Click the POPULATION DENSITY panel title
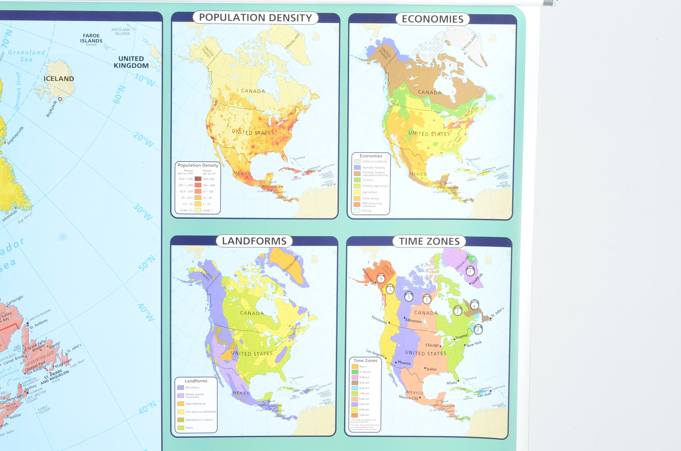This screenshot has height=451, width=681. click(255, 18)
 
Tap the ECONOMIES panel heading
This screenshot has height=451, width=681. click(433, 19)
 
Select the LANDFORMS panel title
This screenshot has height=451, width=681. click(254, 241)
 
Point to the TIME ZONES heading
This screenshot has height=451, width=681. click(429, 241)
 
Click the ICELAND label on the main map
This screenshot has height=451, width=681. click(59, 79)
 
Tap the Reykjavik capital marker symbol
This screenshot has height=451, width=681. click(60, 99)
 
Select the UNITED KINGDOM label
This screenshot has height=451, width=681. click(131, 62)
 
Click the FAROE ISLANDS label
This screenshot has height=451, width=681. click(91, 38)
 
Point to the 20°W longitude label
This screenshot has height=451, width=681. click(143, 140)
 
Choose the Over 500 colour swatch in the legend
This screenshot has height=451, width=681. click(198, 179)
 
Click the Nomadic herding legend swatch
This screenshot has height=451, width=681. click(357, 167)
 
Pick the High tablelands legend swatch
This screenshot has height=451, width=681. click(180, 404)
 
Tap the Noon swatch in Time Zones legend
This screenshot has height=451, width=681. click(355, 367)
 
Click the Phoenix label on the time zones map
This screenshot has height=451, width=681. click(404, 363)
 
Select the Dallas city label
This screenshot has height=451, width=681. click(431, 369)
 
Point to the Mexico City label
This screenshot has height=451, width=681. click(408, 398)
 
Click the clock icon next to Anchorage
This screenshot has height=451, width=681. click(381, 278)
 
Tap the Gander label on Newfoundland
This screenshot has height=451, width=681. click(55, 345)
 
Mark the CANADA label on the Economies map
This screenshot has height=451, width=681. click(429, 92)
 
